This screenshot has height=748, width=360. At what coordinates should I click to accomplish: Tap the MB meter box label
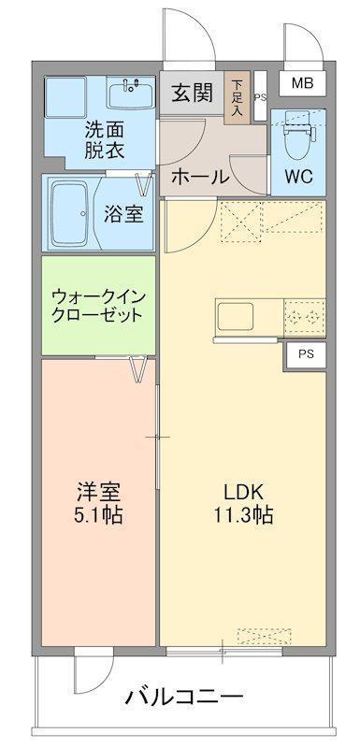[301, 83]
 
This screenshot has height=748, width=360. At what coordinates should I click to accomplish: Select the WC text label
[299, 176]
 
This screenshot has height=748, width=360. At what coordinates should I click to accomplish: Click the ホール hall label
[199, 176]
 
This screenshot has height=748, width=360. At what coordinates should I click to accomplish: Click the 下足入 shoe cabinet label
[238, 95]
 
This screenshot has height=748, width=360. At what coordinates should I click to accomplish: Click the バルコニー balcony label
[183, 696]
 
